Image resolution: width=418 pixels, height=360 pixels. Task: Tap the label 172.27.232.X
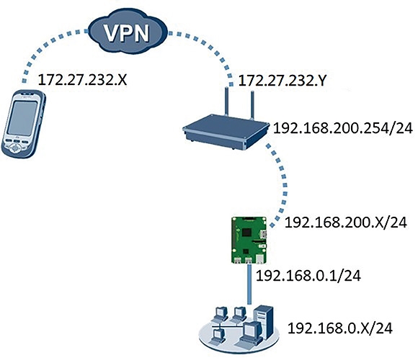pos(83,80)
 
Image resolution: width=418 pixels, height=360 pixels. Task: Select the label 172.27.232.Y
pos(282,80)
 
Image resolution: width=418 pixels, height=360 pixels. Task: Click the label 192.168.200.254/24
pos(343,128)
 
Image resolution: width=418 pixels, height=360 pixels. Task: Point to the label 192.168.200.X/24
pos(346,222)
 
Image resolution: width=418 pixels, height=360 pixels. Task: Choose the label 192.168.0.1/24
pos(308,276)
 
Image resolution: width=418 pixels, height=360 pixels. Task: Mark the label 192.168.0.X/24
pos(340,328)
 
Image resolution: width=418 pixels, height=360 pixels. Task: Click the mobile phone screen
pos(22,117)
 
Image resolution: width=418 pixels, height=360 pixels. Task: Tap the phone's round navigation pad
pos(16,148)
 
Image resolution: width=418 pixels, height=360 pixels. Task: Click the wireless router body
pos(226,132)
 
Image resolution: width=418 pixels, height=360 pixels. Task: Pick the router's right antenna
pos(252,104)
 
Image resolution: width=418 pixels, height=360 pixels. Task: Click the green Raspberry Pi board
pos(249,240)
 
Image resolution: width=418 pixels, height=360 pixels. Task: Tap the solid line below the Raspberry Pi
pos(249,284)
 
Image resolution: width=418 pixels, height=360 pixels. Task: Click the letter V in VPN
pos(112,33)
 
